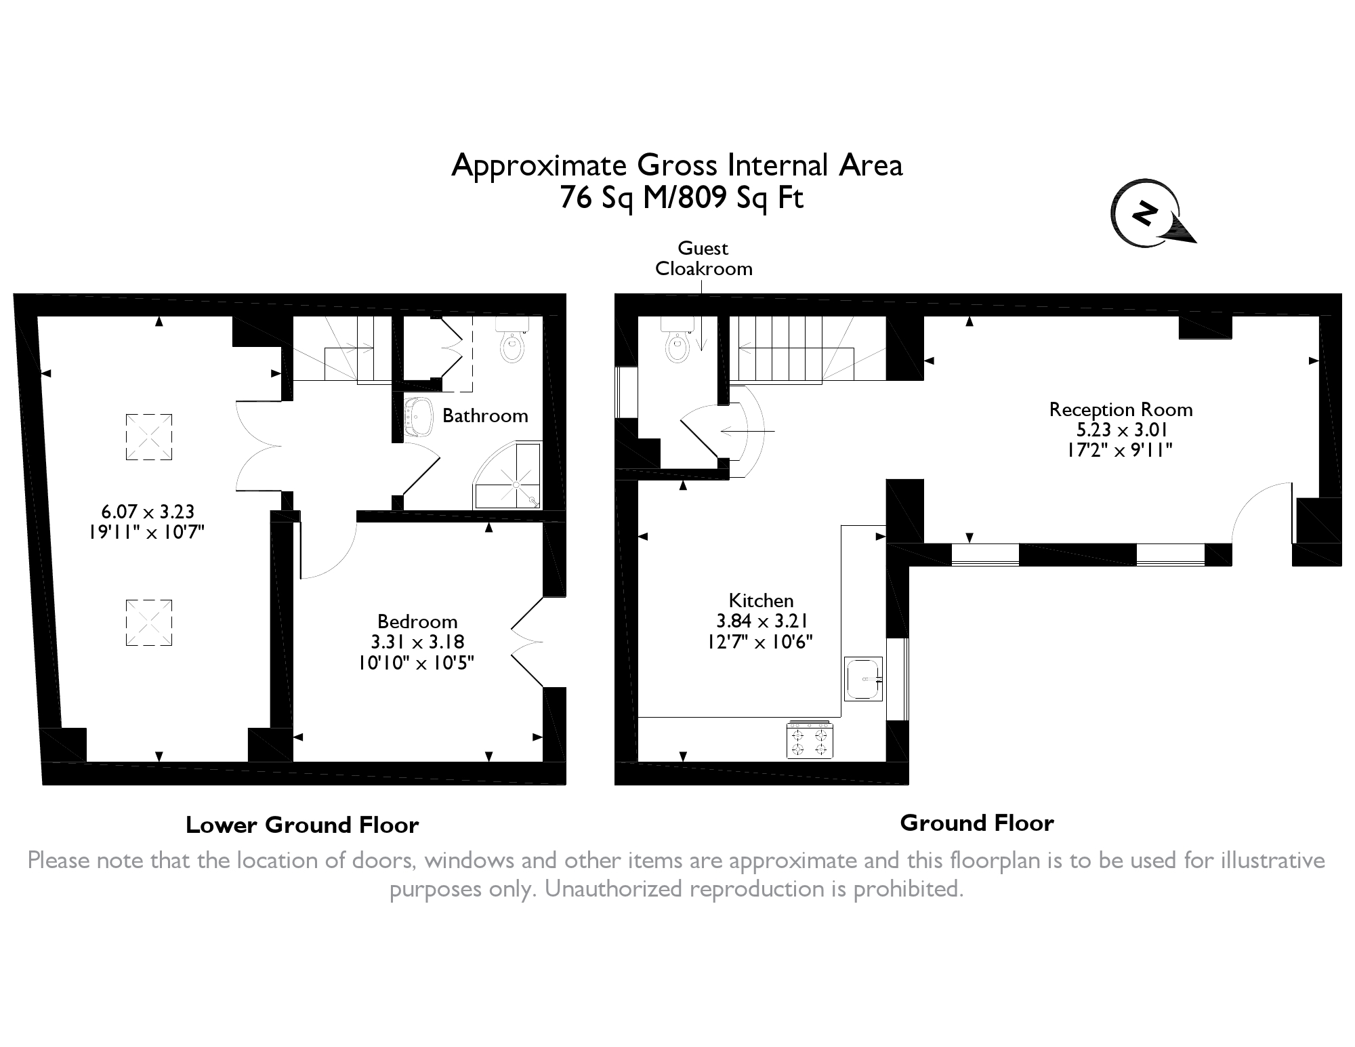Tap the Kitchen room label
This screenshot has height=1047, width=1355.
click(x=761, y=600)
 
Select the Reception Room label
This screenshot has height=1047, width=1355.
click(x=1121, y=409)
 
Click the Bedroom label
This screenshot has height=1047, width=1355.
click(x=417, y=621)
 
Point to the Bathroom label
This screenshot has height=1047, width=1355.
click(x=485, y=415)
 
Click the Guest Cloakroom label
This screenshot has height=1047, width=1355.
click(x=703, y=259)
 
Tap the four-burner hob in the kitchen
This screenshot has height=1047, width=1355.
click(x=809, y=739)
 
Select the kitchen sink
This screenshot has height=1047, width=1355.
click(x=864, y=679)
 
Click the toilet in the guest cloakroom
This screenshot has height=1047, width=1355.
click(x=676, y=342)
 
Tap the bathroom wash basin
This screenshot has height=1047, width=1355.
click(x=419, y=417)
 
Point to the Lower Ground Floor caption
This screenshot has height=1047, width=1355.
click(x=302, y=825)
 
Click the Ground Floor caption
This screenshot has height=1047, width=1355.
click(x=976, y=823)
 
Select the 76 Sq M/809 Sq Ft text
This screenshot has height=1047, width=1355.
click(x=682, y=198)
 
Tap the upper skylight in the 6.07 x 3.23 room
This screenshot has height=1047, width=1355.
click(x=149, y=437)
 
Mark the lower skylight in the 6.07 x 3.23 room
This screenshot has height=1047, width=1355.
click(x=149, y=623)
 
